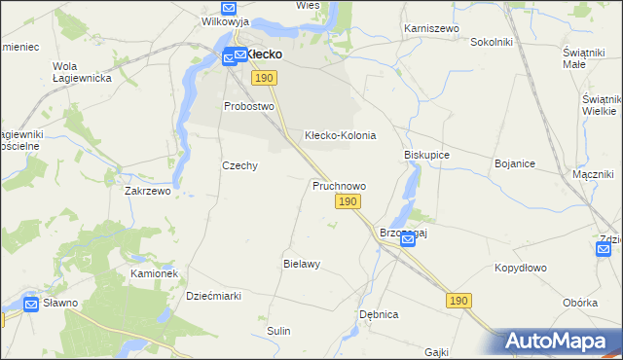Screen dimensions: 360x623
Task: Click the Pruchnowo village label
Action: [339, 185]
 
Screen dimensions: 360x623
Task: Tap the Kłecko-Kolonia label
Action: [340, 135]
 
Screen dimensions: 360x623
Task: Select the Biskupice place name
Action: [426, 155]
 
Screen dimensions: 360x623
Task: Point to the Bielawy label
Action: [302, 264]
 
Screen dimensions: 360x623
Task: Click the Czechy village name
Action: [239, 165]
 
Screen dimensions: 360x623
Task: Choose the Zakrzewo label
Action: [148, 192]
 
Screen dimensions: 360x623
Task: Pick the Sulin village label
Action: [279, 331]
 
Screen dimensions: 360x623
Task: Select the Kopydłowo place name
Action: [521, 268]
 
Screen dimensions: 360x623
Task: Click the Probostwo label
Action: [249, 106]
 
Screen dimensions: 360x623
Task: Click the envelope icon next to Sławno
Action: [31, 305]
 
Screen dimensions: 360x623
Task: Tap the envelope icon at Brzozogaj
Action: [408, 239]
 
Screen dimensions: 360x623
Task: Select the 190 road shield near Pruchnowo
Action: [348, 201]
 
